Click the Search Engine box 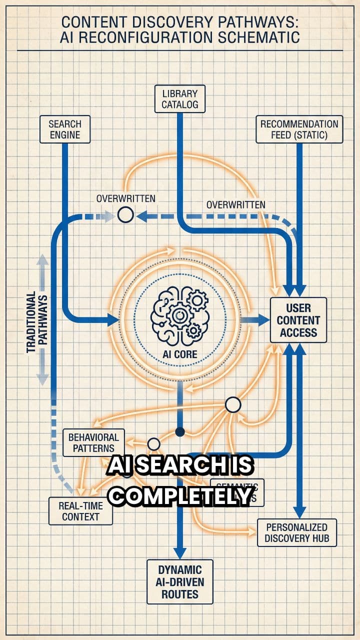pyautogui.click(x=65, y=129)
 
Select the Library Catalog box pyautogui.click(x=180, y=98)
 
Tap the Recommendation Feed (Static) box pyautogui.click(x=299, y=129)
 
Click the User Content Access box pyautogui.click(x=298, y=320)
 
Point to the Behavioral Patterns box pyautogui.click(x=94, y=442)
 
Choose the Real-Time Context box pyautogui.click(x=80, y=510)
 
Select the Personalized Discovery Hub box pyautogui.click(x=296, y=533)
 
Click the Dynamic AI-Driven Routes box pyautogui.click(x=179, y=581)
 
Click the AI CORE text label pyautogui.click(x=180, y=354)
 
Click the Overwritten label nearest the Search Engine pyautogui.click(x=125, y=198)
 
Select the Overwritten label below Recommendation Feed pyautogui.click(x=236, y=204)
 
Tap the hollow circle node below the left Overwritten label pyautogui.click(x=125, y=215)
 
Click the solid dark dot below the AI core pyautogui.click(x=180, y=431)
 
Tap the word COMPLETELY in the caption pyautogui.click(x=180, y=495)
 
